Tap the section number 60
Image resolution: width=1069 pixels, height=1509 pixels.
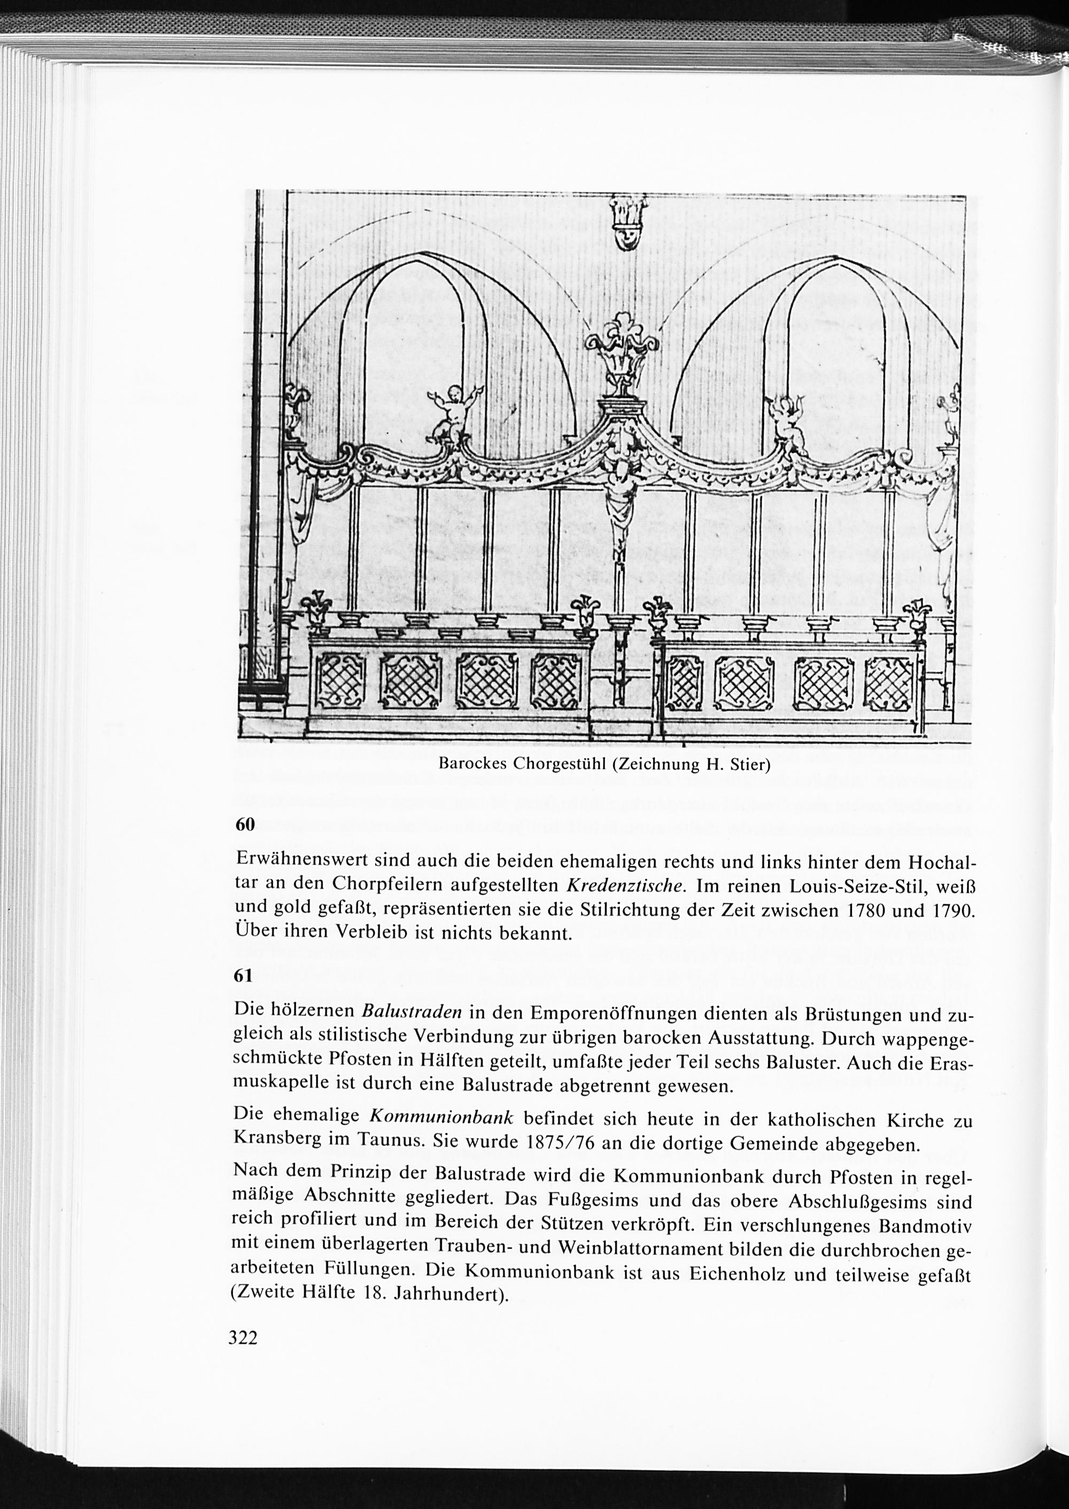tap(245, 825)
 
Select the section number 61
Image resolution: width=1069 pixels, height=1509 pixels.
tap(244, 976)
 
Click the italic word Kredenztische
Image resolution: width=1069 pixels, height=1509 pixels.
tap(623, 886)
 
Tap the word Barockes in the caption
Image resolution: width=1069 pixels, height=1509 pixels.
tap(472, 765)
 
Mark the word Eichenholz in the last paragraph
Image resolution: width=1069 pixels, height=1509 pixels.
tap(737, 1273)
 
